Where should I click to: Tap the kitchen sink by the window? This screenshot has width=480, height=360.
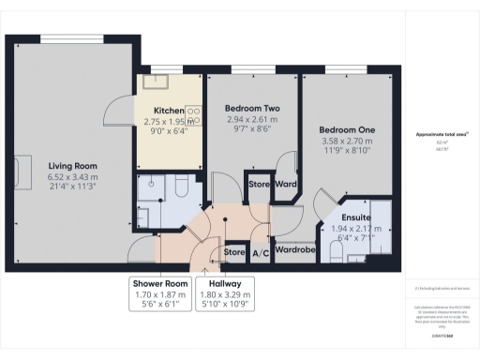pos(154,81)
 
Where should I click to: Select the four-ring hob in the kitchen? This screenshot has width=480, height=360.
pos(194,116)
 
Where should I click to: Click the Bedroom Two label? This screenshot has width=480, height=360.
pos(249,106)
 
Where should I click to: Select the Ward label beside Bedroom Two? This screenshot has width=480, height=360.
pos(286,185)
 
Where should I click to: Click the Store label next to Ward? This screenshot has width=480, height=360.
pos(259,185)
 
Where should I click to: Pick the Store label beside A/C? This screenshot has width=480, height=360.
pos(235,251)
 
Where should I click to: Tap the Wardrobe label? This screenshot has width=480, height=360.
pos(293,250)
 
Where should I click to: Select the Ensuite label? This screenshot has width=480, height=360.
pos(343,217)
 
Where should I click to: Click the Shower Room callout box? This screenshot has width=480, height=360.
pos(159,292)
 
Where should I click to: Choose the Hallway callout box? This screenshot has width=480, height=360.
pos(226,292)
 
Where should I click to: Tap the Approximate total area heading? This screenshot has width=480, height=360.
pos(442,134)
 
